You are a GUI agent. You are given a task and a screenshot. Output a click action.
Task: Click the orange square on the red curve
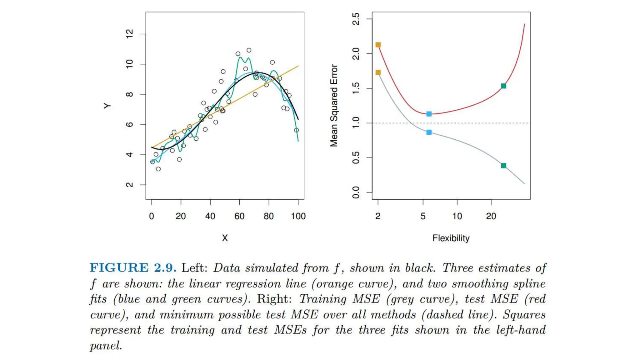(378, 45)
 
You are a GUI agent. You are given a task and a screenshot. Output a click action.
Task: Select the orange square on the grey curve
(378, 72)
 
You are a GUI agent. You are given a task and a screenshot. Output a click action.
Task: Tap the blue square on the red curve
(429, 114)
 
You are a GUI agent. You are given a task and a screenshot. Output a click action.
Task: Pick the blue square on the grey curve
(429, 132)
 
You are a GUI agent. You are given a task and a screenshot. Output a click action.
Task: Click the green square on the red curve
(503, 86)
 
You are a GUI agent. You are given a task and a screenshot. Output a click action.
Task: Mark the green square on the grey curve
(503, 166)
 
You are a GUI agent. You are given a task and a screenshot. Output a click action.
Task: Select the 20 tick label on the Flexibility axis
(491, 216)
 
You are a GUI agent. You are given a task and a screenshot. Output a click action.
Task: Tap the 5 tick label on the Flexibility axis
(423, 216)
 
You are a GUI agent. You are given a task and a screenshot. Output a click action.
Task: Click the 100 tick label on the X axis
(298, 216)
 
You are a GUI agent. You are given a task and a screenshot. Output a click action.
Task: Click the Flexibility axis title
(451, 238)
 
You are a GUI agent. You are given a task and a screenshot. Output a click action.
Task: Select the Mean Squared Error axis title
(334, 106)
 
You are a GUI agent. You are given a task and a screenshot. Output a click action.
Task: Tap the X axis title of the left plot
(225, 238)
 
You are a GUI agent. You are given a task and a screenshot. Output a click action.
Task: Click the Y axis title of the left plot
(107, 106)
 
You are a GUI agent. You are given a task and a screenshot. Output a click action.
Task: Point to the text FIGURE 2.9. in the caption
(133, 268)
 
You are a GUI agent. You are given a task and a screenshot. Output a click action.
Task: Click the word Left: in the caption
(195, 268)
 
